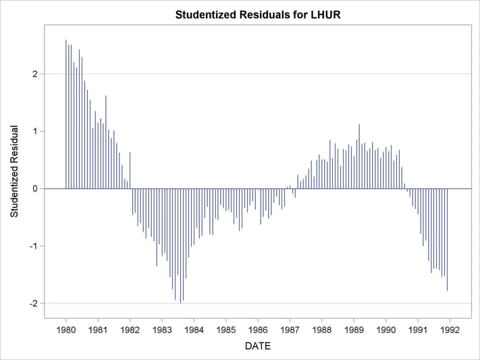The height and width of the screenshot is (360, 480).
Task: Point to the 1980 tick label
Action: point(66,330)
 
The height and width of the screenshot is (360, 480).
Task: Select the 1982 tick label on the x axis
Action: point(130,330)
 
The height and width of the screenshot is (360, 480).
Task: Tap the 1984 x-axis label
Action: point(194,330)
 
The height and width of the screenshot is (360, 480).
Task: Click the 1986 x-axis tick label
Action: point(258,330)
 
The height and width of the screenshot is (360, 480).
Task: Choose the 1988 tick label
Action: point(322,330)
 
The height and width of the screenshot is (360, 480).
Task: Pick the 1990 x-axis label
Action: point(386,330)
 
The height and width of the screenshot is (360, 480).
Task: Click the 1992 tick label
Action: point(450,330)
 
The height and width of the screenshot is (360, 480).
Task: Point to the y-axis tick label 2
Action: point(34,74)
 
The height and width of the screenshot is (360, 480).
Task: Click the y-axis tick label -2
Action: point(33,303)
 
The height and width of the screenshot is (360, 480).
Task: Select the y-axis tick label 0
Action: point(34,188)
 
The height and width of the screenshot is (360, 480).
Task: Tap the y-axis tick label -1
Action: point(33,246)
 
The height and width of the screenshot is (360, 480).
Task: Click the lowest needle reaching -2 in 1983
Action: point(180,303)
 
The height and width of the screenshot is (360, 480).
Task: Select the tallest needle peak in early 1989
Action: point(359,125)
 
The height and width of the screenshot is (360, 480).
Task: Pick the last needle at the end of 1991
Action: point(447,290)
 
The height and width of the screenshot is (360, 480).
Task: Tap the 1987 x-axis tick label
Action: point(290,330)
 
